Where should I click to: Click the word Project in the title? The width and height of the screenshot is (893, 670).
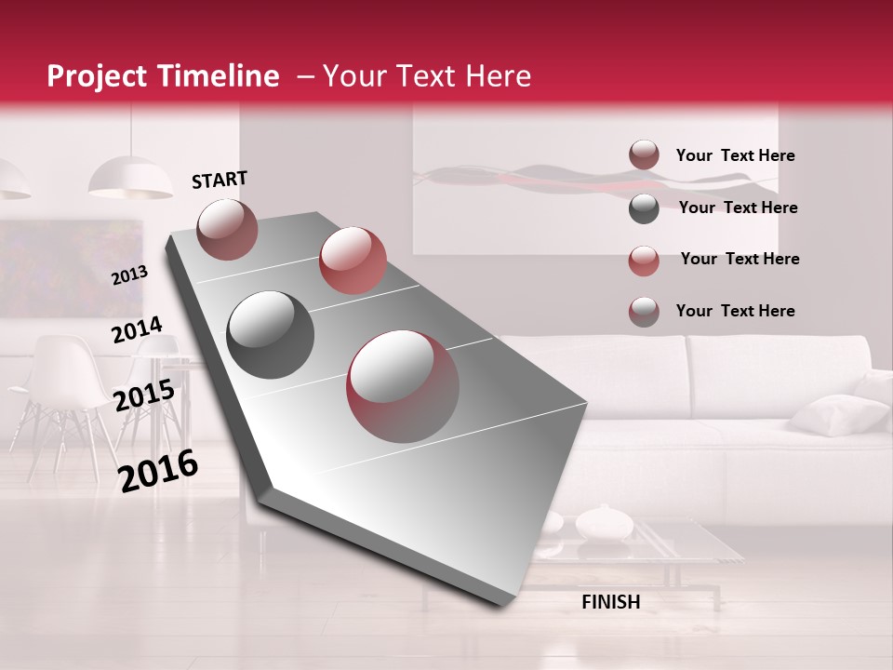click(x=98, y=77)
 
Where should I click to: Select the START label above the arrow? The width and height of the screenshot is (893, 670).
click(x=220, y=180)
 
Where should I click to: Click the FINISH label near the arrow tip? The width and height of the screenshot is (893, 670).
click(x=611, y=602)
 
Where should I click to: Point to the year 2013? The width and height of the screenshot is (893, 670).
click(x=129, y=275)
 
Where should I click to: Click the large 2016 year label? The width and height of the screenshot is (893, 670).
click(x=158, y=471)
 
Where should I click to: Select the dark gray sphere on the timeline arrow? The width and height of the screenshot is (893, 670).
click(x=271, y=334)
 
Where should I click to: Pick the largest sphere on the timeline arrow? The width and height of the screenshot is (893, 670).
click(x=404, y=386)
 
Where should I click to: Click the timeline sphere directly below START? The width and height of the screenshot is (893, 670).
click(x=227, y=228)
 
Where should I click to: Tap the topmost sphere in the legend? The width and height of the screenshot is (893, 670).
click(x=644, y=155)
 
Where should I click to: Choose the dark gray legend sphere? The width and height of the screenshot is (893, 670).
click(x=644, y=208)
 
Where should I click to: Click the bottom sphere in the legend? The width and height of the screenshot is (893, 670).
click(x=644, y=312)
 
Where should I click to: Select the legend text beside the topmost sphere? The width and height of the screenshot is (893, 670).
click(x=735, y=155)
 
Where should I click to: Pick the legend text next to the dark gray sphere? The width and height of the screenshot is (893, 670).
click(x=738, y=208)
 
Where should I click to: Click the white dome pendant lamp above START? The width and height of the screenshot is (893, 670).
click(x=130, y=178)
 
